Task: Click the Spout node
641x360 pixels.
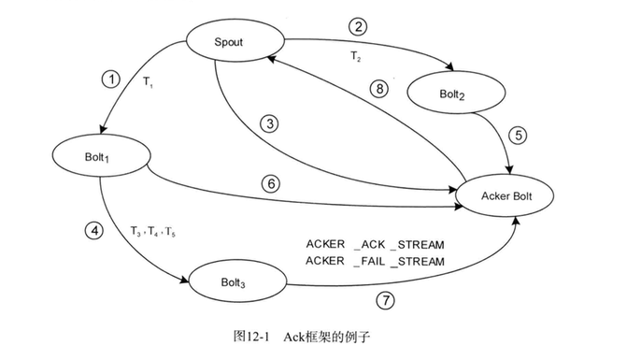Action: click(235, 40)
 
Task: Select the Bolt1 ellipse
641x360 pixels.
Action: click(101, 156)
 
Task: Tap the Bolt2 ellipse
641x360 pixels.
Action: click(456, 93)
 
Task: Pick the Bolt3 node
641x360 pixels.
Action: click(237, 281)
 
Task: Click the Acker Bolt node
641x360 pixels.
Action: click(505, 195)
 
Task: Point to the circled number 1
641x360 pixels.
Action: click(111, 79)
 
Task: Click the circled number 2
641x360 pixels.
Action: click(358, 26)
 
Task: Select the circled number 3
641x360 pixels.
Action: click(270, 123)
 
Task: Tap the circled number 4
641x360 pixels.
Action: click(94, 231)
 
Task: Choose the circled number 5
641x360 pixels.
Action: click(518, 135)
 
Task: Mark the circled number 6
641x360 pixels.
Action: click(271, 184)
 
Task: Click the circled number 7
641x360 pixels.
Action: click(385, 301)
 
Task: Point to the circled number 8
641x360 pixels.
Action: click(379, 88)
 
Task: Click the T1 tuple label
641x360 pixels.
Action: click(148, 82)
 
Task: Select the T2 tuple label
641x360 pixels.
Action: click(356, 56)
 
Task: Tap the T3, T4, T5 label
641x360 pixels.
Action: click(153, 232)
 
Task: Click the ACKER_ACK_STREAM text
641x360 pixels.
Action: click(375, 245)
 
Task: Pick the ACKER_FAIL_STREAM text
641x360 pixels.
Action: click(375, 261)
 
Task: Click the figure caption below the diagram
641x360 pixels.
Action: click(302, 337)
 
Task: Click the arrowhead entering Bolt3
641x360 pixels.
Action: click(185, 280)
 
